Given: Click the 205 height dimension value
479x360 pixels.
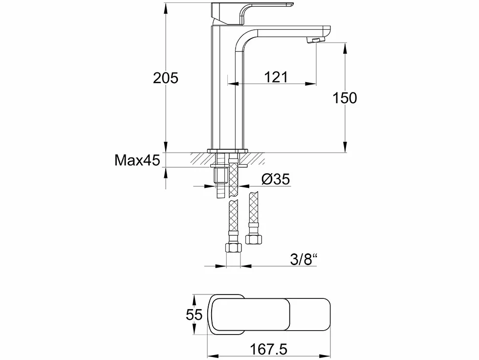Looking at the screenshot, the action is pos(166,78).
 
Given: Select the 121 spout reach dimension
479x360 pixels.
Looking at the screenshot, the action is pos(276,77).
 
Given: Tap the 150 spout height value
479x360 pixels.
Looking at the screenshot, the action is pos(345,98).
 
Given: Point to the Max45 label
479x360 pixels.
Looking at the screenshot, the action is pos(137,160).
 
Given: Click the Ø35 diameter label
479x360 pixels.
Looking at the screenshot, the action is pos(276,179).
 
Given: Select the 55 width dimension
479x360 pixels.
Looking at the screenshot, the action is pos(194,315).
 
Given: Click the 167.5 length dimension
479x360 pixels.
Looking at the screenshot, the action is pos(268,349).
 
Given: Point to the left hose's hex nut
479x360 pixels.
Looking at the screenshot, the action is pos(233,247).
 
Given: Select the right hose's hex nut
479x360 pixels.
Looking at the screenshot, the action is pos(253,239).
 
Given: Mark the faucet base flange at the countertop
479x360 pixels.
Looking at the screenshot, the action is pos(228,151).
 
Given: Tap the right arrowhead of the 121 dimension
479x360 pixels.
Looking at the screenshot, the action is pos(311,83).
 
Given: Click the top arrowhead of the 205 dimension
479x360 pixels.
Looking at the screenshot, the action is pos(166,8).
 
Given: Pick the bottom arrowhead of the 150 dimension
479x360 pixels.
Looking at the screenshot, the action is pos(345,147).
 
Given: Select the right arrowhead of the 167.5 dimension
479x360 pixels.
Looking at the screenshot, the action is pos(326,356).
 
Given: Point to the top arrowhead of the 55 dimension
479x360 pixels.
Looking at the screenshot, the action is pos(194,299).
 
